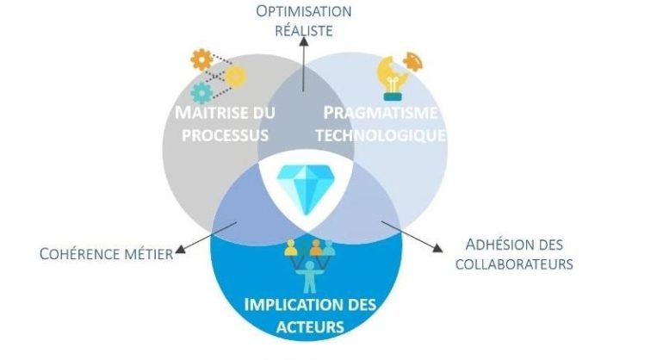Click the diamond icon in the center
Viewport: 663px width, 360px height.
click(x=306, y=189)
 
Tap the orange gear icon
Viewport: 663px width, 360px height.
click(x=201, y=60)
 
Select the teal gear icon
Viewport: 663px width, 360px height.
click(x=201, y=93)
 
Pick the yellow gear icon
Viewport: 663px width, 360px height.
click(x=236, y=77)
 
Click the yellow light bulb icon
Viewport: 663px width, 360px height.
click(x=393, y=78)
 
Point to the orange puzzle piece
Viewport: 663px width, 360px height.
click(x=412, y=62)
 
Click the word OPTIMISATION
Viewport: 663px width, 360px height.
click(x=304, y=11)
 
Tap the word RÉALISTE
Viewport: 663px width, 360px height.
click(x=304, y=30)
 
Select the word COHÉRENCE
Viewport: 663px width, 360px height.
click(x=80, y=254)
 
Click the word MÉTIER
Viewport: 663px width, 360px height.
click(x=149, y=254)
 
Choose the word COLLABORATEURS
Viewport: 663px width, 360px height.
click(x=514, y=264)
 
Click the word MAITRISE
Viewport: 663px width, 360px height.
click(x=212, y=113)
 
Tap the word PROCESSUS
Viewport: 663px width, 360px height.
click(x=225, y=135)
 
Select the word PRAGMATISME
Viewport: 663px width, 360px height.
click(x=381, y=113)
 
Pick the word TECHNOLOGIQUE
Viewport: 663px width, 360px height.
click(x=381, y=135)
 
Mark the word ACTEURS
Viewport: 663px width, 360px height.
click(x=310, y=327)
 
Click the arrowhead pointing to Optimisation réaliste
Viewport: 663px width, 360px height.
click(x=304, y=41)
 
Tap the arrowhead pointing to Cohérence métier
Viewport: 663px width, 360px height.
click(x=181, y=249)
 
